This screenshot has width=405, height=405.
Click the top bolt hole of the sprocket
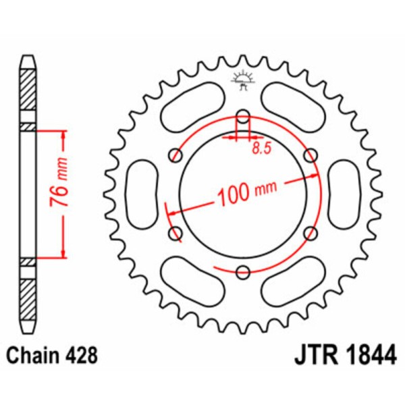243,116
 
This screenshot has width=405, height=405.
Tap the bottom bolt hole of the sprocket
243,272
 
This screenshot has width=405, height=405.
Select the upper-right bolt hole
310,155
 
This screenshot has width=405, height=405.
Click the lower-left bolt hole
176,234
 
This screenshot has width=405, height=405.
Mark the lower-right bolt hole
310,234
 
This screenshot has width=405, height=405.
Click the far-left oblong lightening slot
142,194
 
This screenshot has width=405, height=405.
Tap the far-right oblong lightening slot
345,194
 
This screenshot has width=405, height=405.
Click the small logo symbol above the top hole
243,80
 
